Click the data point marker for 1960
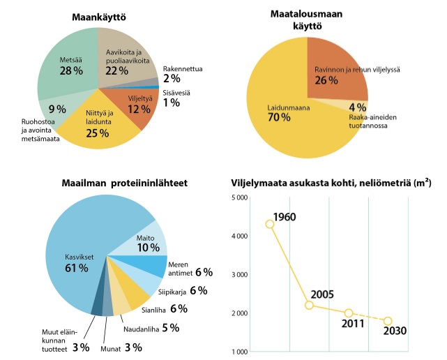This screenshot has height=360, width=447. tap(270, 224)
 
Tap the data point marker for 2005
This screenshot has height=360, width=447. tap(310, 305)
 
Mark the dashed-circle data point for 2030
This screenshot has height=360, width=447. tap(388, 321)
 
